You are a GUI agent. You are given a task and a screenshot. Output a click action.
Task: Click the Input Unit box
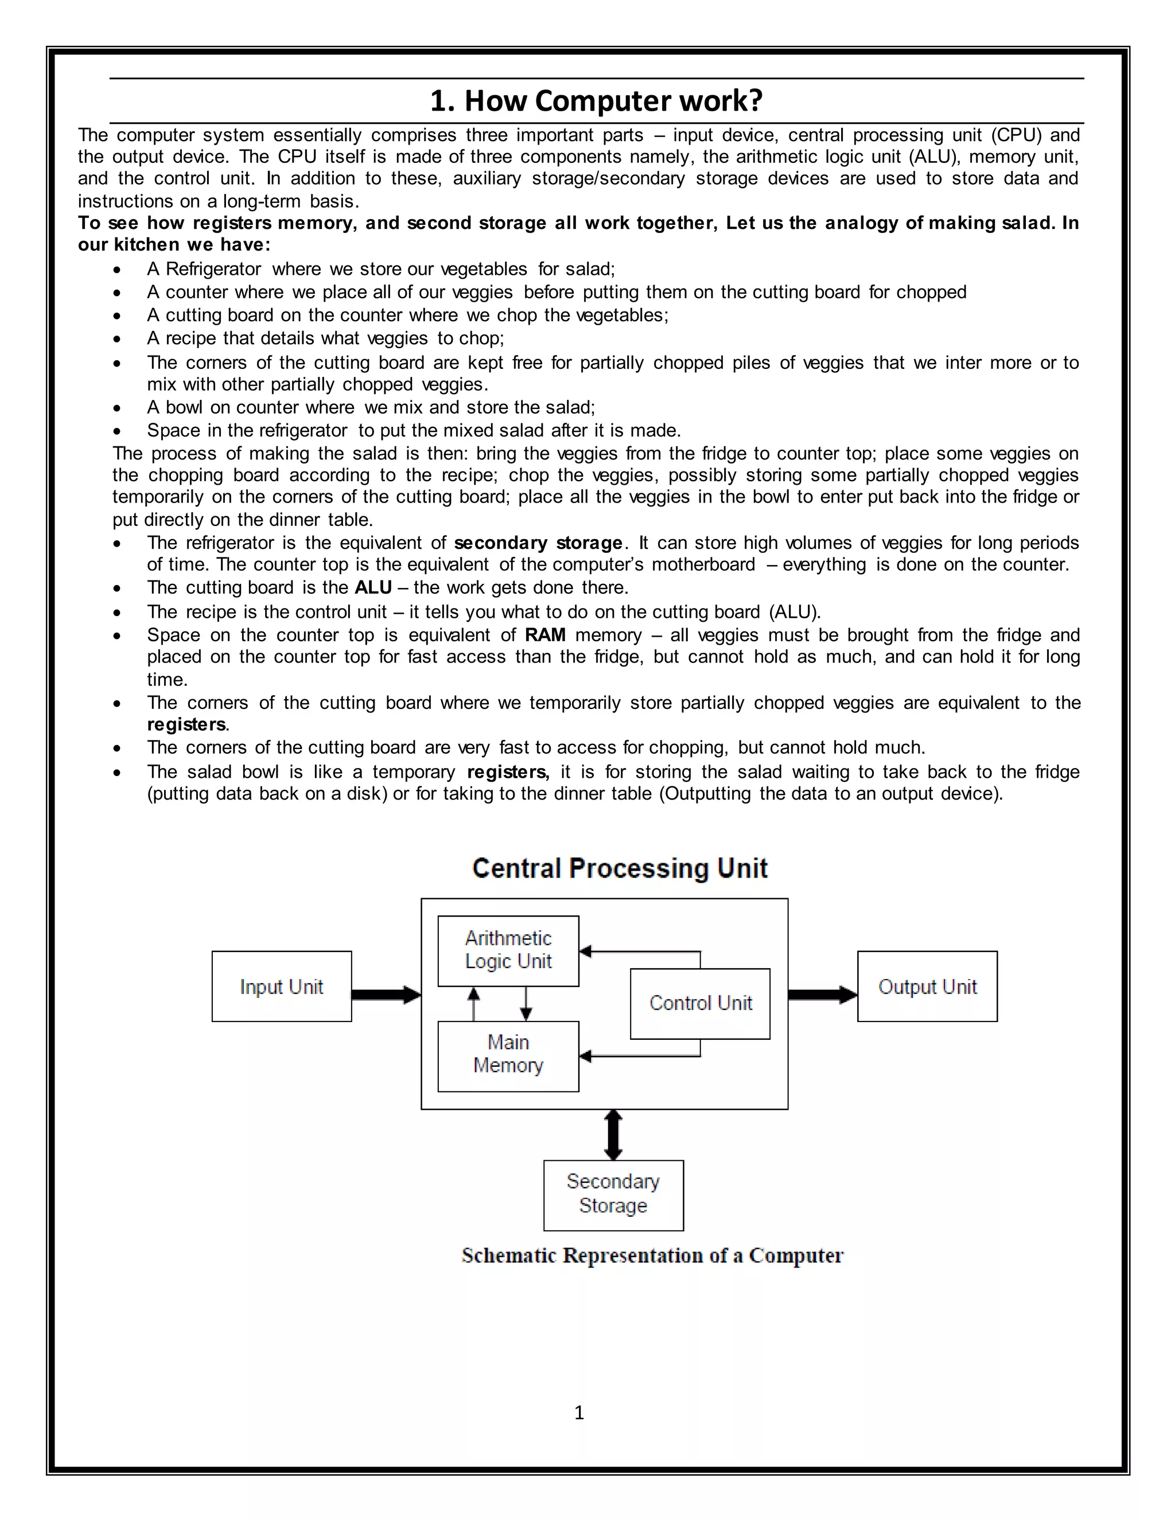pos(281,986)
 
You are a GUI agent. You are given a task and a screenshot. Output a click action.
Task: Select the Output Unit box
pos(927,986)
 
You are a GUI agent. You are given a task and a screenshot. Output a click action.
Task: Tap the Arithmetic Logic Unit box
pos(508,950)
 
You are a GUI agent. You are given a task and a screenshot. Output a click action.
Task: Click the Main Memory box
pos(508,1056)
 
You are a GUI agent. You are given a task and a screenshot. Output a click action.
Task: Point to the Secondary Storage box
pos(613,1194)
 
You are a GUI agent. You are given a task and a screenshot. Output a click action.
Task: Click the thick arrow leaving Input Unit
pos(385,995)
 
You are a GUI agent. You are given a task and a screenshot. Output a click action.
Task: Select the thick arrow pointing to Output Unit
pos(822,995)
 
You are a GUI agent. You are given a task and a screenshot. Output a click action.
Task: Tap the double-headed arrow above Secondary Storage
pos(613,1134)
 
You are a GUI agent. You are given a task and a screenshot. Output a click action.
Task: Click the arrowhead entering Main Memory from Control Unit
pos(585,1057)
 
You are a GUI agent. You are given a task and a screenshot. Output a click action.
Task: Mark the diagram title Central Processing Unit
pos(620,868)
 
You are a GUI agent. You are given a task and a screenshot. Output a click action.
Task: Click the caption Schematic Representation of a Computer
pos(652,1255)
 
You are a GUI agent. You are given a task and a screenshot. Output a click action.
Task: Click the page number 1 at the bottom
pos(579,1412)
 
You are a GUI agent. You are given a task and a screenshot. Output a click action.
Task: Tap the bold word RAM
pos(545,635)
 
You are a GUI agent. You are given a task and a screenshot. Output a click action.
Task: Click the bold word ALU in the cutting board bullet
pos(373,587)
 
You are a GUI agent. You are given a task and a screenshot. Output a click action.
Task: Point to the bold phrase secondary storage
pos(538,543)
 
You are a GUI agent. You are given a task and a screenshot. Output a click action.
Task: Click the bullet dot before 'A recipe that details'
pos(117,339)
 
